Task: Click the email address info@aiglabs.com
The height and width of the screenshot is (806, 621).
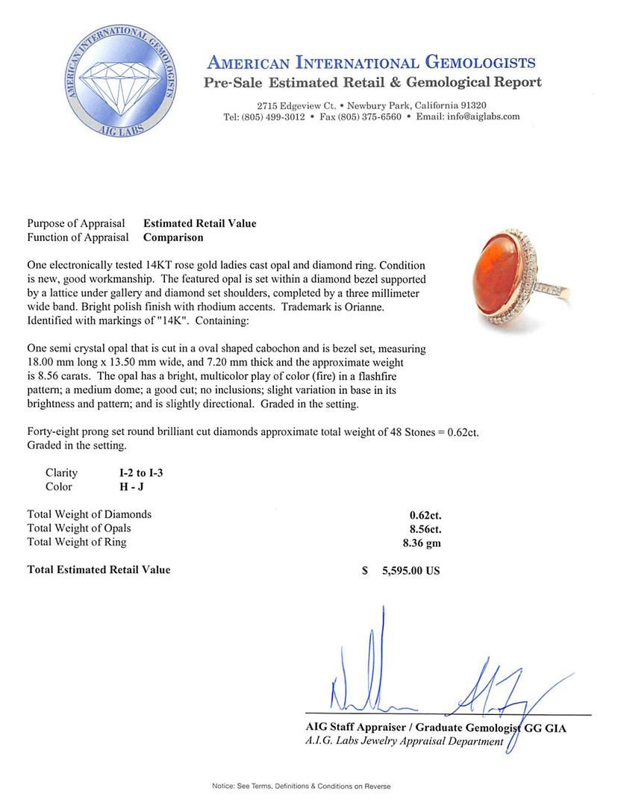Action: click(479, 117)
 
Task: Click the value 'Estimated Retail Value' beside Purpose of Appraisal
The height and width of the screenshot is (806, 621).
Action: click(199, 223)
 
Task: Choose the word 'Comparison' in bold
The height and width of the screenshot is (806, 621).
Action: click(173, 237)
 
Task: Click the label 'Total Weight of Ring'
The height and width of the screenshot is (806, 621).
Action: click(77, 542)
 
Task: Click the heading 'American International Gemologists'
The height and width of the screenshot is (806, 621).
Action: click(371, 63)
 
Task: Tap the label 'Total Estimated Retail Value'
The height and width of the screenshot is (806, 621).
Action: click(99, 569)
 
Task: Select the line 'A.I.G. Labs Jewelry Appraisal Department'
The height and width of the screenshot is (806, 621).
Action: click(404, 741)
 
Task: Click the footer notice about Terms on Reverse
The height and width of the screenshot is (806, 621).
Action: click(301, 786)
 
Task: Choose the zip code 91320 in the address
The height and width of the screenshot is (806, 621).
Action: click(472, 105)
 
